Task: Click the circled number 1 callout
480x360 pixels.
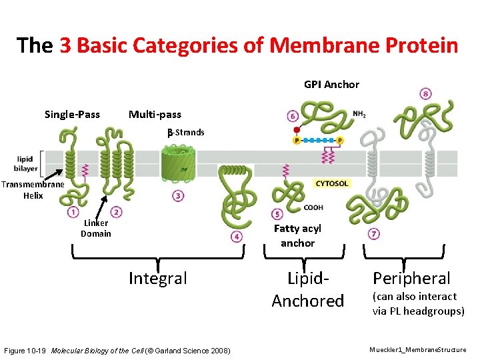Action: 73,212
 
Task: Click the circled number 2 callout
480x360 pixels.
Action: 117,212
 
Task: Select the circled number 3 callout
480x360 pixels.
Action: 178,196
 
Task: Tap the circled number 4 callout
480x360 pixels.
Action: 236,237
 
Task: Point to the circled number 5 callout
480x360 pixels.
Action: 277,214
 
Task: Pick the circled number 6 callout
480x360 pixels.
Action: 293,116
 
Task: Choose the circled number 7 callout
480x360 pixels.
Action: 374,234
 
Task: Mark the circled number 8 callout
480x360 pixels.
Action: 425,94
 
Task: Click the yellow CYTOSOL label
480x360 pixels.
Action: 331,183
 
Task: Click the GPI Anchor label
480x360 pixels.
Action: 331,85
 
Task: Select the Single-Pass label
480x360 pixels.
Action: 72,115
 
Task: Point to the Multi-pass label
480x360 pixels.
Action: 155,115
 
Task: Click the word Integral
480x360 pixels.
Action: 157,278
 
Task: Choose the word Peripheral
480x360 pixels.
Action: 411,279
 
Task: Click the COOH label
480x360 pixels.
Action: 313,207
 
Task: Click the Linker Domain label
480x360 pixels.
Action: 96,228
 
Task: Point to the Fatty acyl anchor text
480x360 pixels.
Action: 297,236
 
